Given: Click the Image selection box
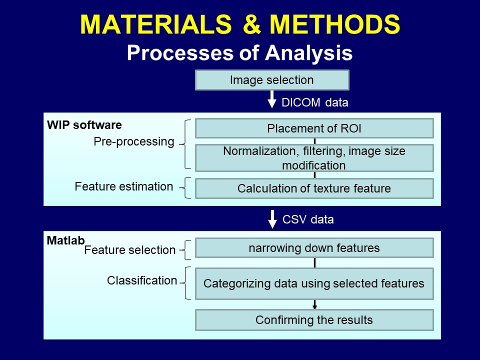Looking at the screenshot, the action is [x=272, y=80].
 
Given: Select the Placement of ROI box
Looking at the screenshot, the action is [x=314, y=128].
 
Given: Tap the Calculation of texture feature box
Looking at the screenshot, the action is [x=314, y=188].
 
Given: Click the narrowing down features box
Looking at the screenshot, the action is [x=314, y=247].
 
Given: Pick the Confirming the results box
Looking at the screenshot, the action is [x=314, y=320].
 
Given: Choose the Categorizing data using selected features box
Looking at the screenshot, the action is [x=314, y=283].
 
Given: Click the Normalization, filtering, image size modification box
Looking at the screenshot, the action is [x=314, y=158].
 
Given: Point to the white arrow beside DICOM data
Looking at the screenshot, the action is [x=272, y=99].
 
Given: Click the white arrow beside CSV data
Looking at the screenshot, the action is [x=272, y=219].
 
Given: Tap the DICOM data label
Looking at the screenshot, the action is [x=314, y=102].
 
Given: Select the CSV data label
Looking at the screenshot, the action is [x=308, y=219].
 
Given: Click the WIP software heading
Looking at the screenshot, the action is [x=84, y=125].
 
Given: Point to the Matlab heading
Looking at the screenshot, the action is [x=65, y=240].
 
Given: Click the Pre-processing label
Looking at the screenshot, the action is [x=134, y=141].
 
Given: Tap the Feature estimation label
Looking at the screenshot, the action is [x=124, y=186].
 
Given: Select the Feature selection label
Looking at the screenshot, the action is [x=130, y=250].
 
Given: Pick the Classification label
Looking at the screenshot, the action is [x=142, y=280].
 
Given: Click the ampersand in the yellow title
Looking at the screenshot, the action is [x=251, y=24].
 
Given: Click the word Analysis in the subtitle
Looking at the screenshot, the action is [x=308, y=53].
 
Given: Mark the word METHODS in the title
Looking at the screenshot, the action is [x=334, y=24].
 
